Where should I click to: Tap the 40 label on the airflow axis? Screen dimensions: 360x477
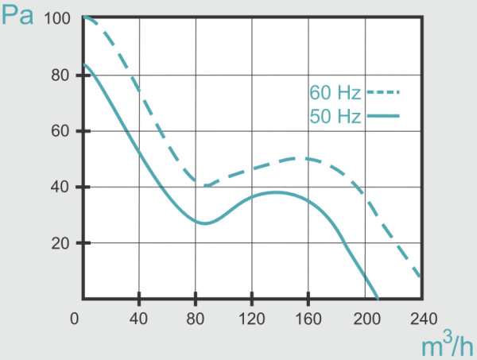[x=138, y=319]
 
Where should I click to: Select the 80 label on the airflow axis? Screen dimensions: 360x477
[x=195, y=319]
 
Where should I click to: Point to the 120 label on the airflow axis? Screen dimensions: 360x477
[x=251, y=319]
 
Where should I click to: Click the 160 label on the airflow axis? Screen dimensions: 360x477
[x=308, y=319]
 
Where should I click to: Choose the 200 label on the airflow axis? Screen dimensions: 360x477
[x=364, y=319]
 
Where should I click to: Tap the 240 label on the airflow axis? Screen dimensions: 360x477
[x=421, y=319]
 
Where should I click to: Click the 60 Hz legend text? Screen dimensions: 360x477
[x=335, y=91]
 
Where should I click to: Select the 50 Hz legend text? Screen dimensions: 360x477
[x=335, y=117]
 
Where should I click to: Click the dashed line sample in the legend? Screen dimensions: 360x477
[x=383, y=92]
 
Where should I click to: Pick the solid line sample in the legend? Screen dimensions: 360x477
[x=383, y=117]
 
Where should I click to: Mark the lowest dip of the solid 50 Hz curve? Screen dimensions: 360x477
[x=205, y=223]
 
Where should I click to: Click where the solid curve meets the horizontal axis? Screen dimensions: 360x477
[x=378, y=298]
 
